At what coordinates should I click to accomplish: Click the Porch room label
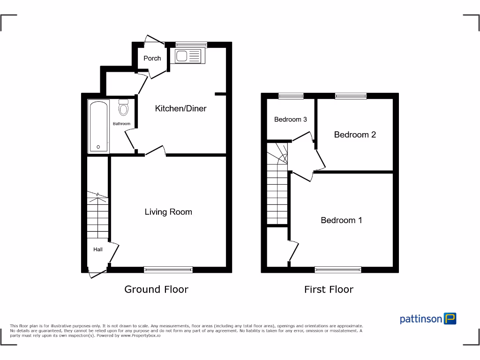coord(152,59)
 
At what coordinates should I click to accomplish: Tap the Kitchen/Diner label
coord(180,109)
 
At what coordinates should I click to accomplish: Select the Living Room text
coord(168,212)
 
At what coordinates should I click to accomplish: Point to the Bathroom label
coord(121,124)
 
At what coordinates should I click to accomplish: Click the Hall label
coord(97,249)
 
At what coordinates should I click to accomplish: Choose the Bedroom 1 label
coord(341,220)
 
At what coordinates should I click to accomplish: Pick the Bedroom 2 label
coord(355,135)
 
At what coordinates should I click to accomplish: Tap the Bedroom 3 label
coord(290,120)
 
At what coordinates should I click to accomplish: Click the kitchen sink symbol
coord(189,56)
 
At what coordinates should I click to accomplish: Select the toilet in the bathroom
coord(124,108)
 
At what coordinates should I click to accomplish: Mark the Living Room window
coord(168,269)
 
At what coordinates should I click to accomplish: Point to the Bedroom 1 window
coord(337,269)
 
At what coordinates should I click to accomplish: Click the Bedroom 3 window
coord(290,96)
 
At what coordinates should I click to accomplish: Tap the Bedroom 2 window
coord(350,96)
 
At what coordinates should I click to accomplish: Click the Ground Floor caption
coord(156,289)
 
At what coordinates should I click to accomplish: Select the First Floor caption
coord(329,289)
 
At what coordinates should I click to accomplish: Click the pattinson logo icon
coord(450,319)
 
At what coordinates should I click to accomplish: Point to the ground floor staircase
coord(97,216)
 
